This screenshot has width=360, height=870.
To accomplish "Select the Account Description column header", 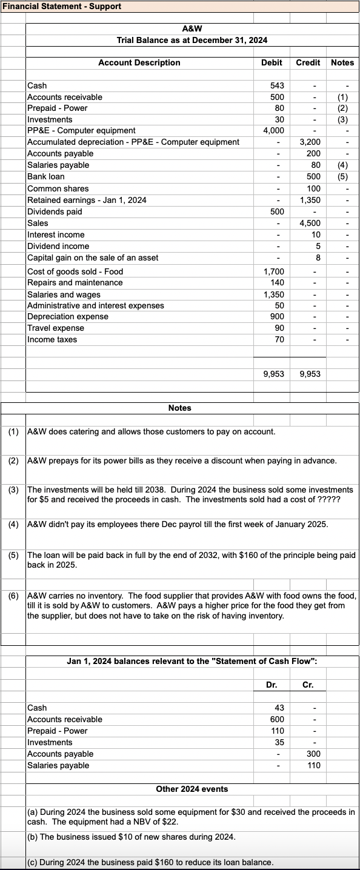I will tap(139, 62).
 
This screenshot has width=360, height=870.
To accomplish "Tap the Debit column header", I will tap(271, 62).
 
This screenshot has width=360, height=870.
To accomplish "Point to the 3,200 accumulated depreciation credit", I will tap(310, 142).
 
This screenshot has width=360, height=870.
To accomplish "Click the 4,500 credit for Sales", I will tap(310, 224).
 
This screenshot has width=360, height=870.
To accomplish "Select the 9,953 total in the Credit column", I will tap(310, 374).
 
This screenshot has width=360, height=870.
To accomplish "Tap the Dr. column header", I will tap(272, 685).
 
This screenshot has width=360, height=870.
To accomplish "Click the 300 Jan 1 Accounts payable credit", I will tap(313, 754).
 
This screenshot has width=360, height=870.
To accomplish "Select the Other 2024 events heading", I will tap(192, 788).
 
